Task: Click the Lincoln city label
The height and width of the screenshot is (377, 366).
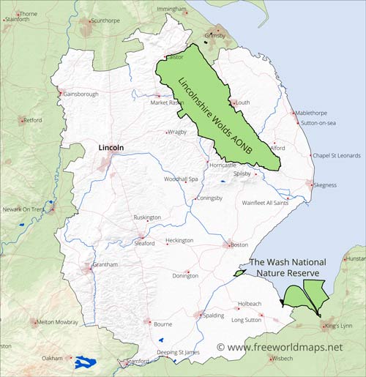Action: click(x=111, y=147)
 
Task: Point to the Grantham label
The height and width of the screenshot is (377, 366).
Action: click(x=107, y=264)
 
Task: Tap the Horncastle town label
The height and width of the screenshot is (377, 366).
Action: click(x=223, y=165)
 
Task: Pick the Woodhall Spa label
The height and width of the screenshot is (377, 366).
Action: click(x=182, y=179)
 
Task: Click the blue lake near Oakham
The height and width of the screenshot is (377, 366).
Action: click(x=86, y=362)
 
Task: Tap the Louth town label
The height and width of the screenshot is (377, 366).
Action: click(x=243, y=103)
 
